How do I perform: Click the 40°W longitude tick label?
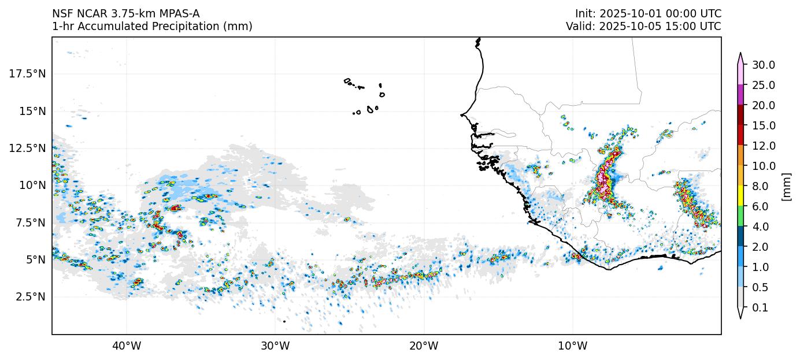(126, 346)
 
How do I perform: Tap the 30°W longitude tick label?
(275, 346)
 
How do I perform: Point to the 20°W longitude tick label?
(424, 346)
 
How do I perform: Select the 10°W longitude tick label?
(573, 346)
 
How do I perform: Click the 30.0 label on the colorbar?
(764, 65)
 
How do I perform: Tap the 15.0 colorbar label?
(764, 125)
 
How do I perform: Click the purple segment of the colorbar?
(740, 95)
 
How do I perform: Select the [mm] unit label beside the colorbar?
(786, 186)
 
